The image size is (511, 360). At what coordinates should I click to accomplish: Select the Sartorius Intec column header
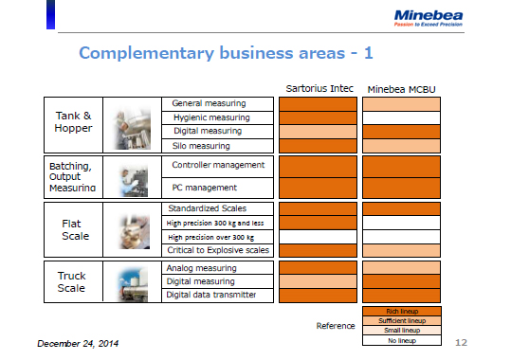coord(319,89)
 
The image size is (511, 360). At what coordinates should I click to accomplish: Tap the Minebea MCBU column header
coord(400,89)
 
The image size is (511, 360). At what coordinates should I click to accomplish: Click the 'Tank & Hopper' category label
coord(73,122)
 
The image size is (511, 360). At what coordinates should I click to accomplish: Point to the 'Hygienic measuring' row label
coord(210,117)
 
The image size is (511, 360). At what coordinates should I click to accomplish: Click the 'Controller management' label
coord(218,165)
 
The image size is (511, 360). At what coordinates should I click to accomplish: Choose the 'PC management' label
coord(206,188)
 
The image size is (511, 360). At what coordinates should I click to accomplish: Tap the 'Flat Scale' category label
coord(73,229)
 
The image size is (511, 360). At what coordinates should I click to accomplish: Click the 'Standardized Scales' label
coord(207,208)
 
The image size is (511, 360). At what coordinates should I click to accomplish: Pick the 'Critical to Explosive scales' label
coord(219,250)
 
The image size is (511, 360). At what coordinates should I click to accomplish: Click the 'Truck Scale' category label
coord(72,281)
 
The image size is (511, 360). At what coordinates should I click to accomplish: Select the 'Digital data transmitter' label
coord(210,295)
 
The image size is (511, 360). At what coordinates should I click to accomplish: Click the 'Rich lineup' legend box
coord(401,311)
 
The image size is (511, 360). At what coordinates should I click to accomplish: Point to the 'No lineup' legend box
coord(401,339)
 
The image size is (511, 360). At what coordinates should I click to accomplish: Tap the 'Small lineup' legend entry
coord(401,330)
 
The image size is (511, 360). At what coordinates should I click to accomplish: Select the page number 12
coord(462,341)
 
